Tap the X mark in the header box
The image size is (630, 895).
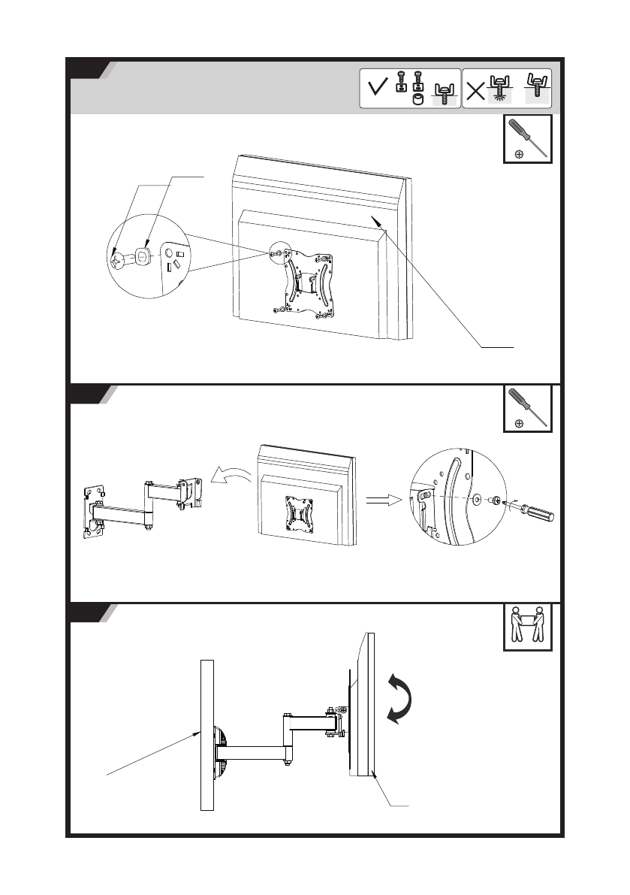coord(475,91)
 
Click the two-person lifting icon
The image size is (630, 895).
coord(527,626)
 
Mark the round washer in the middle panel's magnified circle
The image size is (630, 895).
coord(478,497)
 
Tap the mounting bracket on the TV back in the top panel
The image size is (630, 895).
coord(304,281)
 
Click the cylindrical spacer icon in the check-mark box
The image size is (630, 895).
coord(419,98)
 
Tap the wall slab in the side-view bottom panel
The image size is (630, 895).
coord(207,735)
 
